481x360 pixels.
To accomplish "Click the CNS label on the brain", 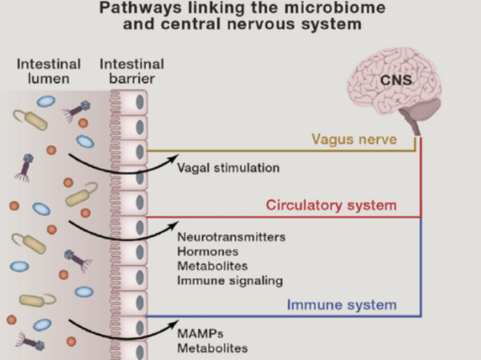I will click(396, 80).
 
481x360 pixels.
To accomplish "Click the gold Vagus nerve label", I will click(354, 139).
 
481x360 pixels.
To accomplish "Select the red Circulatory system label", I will click(331, 205).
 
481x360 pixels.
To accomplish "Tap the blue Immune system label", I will click(341, 305).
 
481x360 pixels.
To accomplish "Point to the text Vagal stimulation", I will click(228, 167).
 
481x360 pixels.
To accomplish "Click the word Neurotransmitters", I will click(231, 236).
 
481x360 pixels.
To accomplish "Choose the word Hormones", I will click(208, 251).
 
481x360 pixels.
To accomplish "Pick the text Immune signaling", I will click(230, 280).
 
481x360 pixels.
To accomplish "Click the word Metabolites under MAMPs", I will click(212, 348).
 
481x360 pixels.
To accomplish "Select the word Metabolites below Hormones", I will click(212, 266).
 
